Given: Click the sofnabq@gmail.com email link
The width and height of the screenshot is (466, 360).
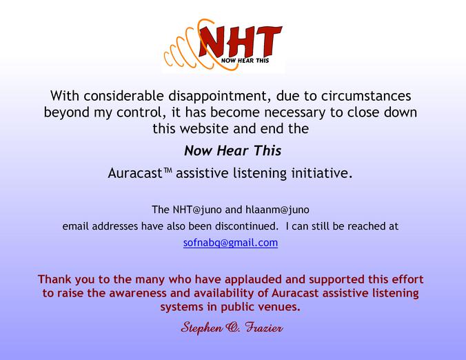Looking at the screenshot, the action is coord(230,243).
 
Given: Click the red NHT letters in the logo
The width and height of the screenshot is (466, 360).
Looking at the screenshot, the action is coord(240,41).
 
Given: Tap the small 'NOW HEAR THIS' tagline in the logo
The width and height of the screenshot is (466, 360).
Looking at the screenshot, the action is coord(245,61).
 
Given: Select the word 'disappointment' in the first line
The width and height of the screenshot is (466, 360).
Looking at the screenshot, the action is coord(220,96).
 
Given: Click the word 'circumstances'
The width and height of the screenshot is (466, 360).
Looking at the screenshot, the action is coord(366,96).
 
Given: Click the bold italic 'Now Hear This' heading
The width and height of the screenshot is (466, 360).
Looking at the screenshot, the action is coord(233,150).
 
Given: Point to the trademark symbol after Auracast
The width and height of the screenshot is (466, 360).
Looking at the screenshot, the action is coord(168,170).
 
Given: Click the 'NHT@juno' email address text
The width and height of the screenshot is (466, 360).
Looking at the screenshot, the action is coord(197,210).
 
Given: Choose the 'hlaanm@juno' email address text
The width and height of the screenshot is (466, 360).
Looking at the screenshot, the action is coord(277,210).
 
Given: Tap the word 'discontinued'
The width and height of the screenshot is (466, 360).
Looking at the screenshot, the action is coord(245,226).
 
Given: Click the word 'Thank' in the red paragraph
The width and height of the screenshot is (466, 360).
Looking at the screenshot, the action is coord(54,279).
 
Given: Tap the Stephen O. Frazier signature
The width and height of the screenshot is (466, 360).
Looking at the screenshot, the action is coord(232,328).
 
